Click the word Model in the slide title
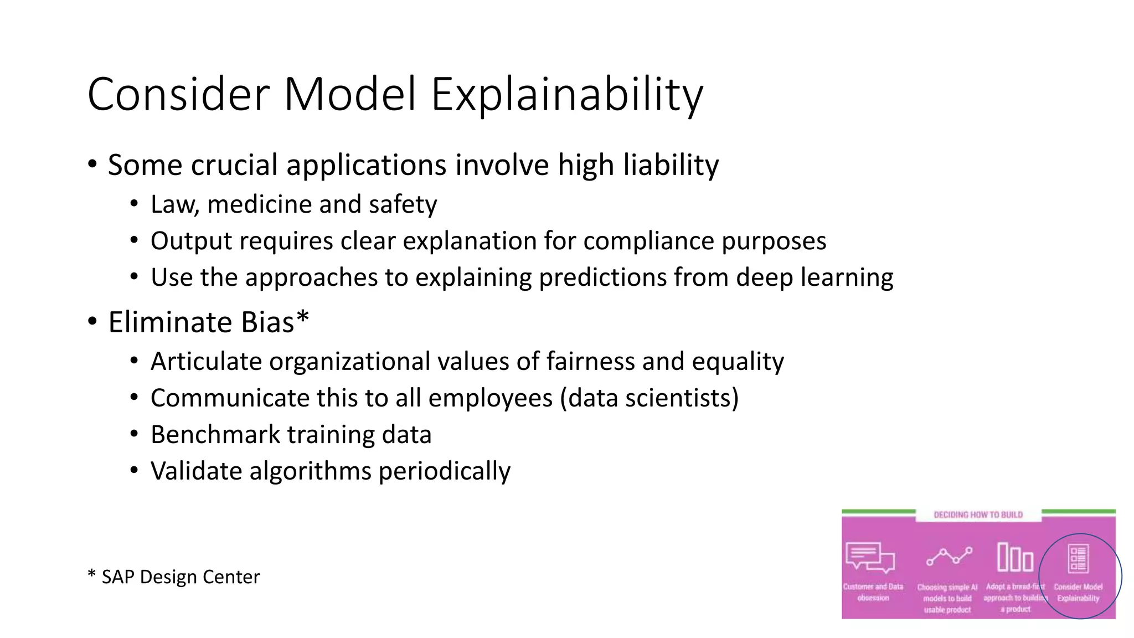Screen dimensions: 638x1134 click(x=349, y=94)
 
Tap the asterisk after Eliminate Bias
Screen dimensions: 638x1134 click(x=302, y=317)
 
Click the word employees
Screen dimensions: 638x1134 click(x=490, y=399)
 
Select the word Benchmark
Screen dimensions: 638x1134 click(x=215, y=435)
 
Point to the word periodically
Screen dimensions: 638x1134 click(x=444, y=472)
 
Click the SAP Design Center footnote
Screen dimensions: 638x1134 click(x=174, y=577)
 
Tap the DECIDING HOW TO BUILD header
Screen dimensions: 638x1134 click(x=978, y=515)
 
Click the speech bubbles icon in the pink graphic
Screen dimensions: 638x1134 click(x=870, y=557)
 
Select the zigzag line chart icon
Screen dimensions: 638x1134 click(x=949, y=556)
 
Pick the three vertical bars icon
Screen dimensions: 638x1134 click(x=1015, y=557)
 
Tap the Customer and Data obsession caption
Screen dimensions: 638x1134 click(x=873, y=592)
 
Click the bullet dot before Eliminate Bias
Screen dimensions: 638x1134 click(x=92, y=322)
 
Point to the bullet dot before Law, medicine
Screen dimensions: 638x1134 click(x=134, y=204)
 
